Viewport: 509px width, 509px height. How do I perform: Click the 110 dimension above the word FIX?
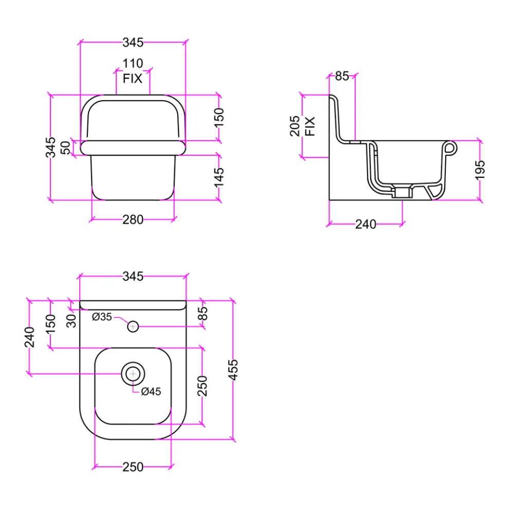tap(133, 63)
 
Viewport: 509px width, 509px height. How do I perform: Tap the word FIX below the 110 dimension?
tap(133, 79)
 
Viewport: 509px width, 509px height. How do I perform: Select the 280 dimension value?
tap(133, 220)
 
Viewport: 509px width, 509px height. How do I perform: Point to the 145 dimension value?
tap(219, 177)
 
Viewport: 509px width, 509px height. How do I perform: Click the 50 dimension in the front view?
tap(66, 148)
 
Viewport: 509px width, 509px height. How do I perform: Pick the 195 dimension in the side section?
tap(480, 170)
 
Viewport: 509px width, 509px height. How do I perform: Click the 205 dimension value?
tap(295, 126)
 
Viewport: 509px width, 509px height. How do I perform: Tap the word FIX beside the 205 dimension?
tap(310, 126)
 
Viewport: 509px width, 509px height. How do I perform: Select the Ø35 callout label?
tap(102, 317)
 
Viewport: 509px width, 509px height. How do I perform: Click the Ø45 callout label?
tap(151, 391)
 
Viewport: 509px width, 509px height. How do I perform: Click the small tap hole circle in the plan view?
tap(133, 326)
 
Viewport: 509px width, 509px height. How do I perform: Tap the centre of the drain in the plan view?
tap(133, 374)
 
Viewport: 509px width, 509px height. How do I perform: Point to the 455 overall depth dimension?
tap(233, 370)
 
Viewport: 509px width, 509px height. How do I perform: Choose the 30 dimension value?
tap(71, 321)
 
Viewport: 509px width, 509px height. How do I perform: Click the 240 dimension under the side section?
tap(366, 224)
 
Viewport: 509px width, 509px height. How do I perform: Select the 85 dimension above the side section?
tap(342, 76)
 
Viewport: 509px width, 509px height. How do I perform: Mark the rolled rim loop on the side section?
tap(450, 149)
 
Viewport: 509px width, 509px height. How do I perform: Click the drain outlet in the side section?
tap(402, 192)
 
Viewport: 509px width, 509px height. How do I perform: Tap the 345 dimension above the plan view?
tap(133, 276)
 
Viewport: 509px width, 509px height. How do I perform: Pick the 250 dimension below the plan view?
tap(133, 467)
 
